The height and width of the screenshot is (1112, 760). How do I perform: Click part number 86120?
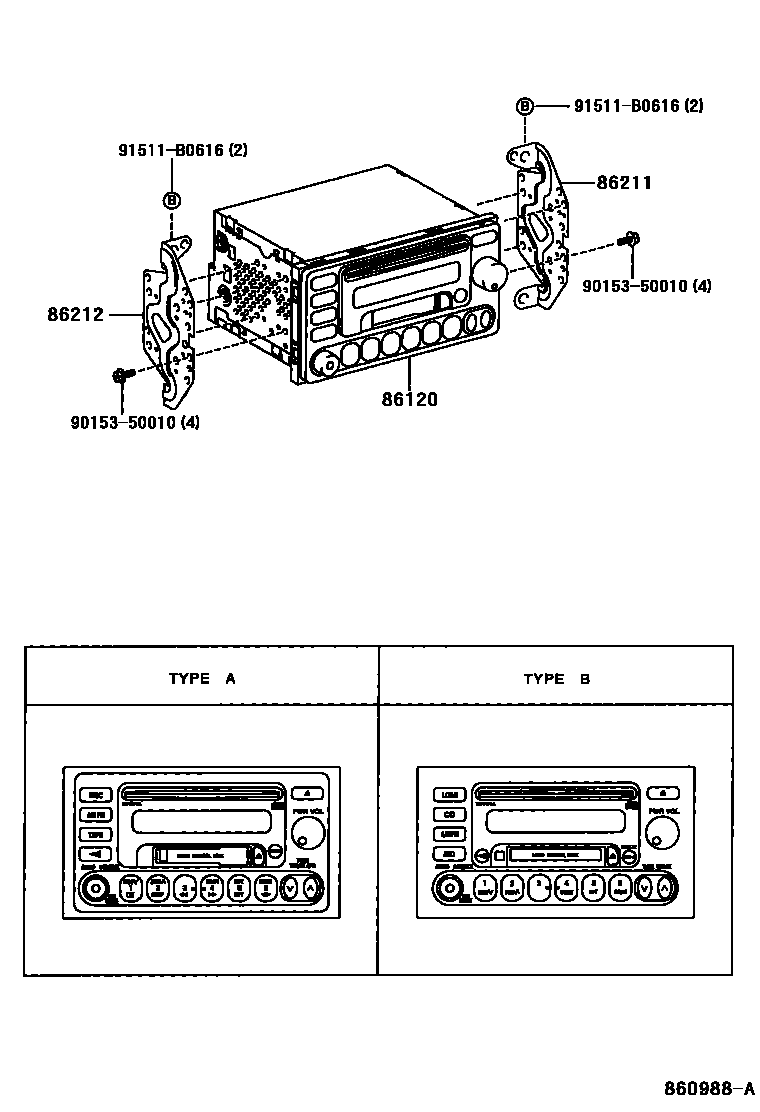[x=409, y=399]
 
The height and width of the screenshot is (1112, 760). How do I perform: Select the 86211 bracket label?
[x=624, y=183]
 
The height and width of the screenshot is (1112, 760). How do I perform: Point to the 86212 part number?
[x=75, y=314]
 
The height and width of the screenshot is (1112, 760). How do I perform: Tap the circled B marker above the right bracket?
[x=524, y=106]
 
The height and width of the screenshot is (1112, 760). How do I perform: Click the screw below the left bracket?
[x=120, y=376]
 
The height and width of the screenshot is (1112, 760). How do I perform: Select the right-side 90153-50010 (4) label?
[x=647, y=286]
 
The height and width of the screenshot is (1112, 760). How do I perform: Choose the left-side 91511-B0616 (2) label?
[x=183, y=151]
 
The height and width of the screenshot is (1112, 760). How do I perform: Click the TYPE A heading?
[x=202, y=678]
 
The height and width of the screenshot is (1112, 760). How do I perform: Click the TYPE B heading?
[x=556, y=678]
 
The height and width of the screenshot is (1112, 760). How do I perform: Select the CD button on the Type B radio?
[x=449, y=814]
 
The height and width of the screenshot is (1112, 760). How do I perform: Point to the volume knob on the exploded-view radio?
[x=490, y=273]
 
